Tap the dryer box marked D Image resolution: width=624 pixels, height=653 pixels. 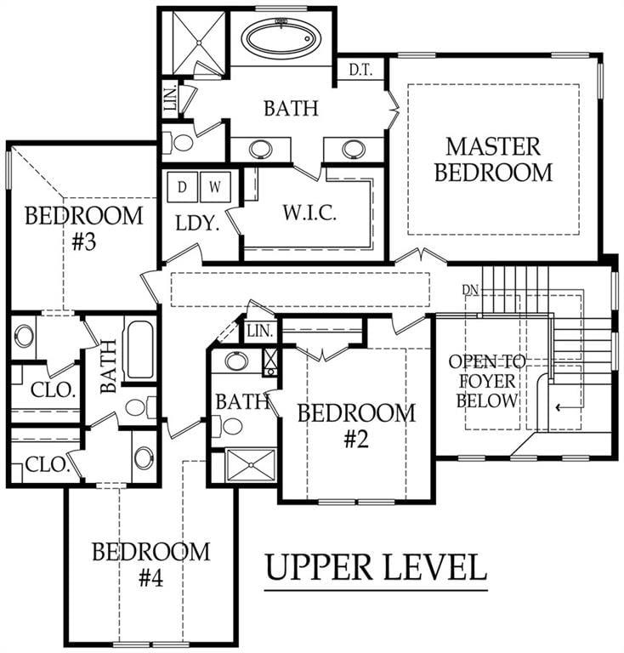click(182, 187)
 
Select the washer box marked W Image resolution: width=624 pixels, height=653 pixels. click(215, 187)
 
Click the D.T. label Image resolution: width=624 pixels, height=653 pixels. click(360, 70)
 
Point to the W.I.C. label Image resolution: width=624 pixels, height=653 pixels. click(309, 213)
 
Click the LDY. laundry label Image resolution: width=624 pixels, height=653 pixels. click(197, 224)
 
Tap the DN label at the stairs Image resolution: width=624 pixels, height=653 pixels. click(470, 289)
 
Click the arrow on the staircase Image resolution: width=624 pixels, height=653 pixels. click(570, 407)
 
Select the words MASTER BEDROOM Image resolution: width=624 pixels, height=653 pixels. click(494, 160)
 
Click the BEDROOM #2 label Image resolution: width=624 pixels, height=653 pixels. click(357, 426)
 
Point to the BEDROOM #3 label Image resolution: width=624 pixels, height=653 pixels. click(84, 228)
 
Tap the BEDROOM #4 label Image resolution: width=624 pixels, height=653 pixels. click(151, 565)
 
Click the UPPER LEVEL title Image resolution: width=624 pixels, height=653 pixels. click(376, 567)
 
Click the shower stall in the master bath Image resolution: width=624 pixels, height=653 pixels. click(199, 43)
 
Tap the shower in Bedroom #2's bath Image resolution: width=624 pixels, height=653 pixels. click(250, 464)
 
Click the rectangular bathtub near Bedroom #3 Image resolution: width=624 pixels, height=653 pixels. click(139, 349)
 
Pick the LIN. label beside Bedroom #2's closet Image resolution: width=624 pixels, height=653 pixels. click(260, 332)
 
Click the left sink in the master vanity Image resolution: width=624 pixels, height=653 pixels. click(261, 150)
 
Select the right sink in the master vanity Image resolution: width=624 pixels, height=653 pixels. click(354, 150)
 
